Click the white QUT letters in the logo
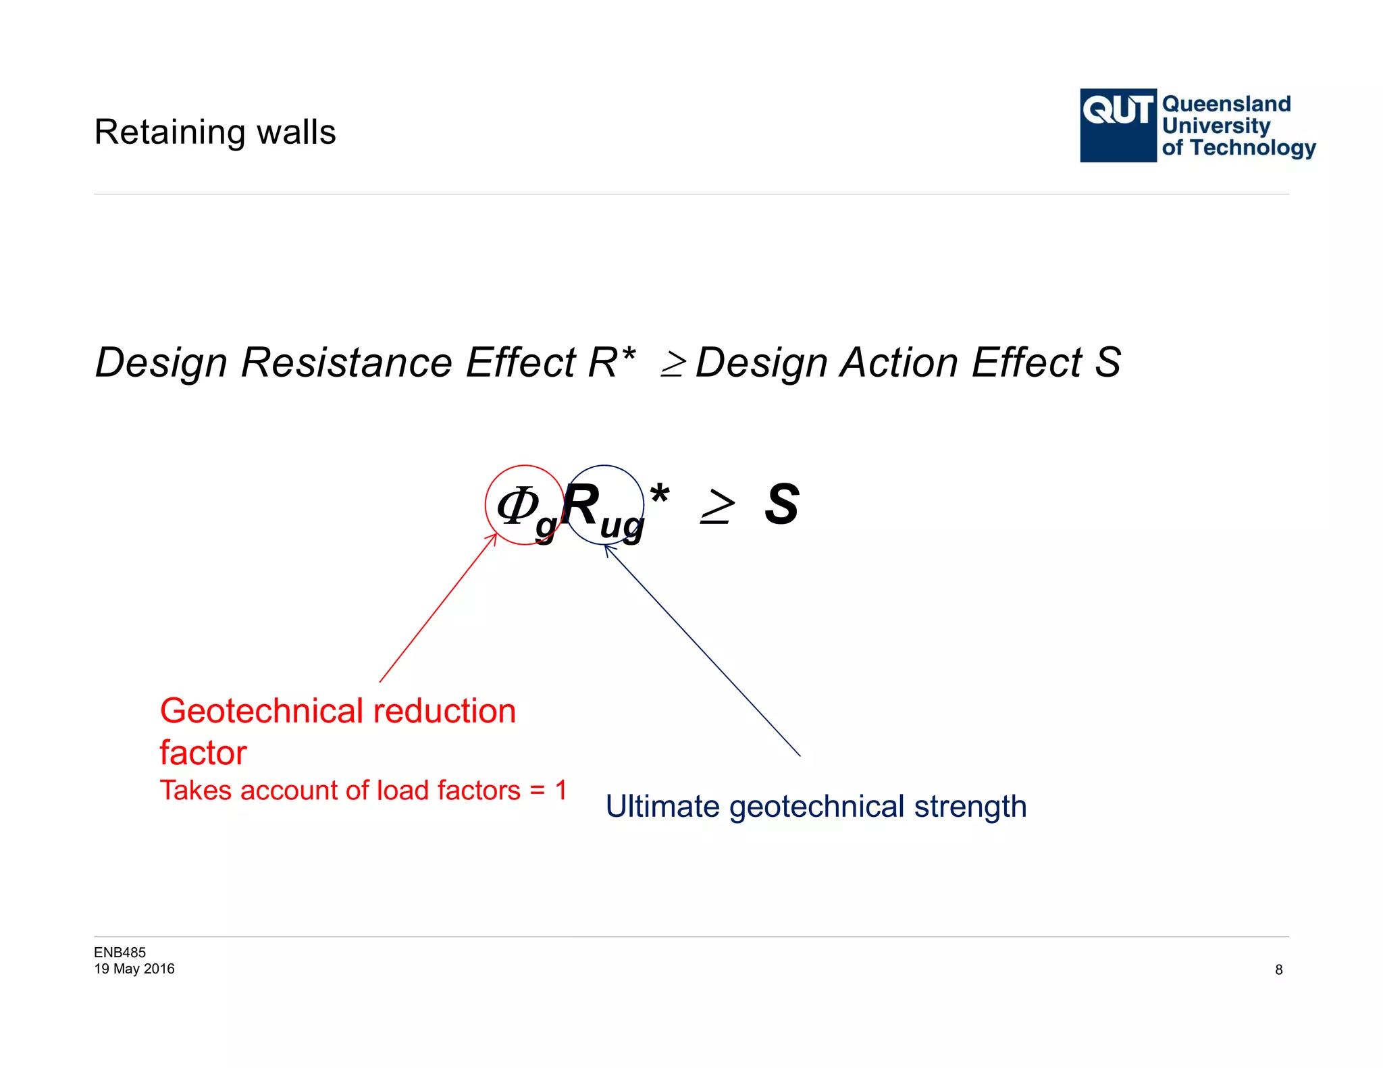click(x=1118, y=110)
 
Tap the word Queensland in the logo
click(x=1226, y=104)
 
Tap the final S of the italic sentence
click(x=1107, y=363)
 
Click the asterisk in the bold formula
click(x=659, y=496)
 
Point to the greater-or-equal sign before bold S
click(x=716, y=508)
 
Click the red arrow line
click(x=438, y=608)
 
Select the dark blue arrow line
click(x=702, y=651)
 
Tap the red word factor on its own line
click(x=203, y=753)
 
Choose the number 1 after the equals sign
click(x=560, y=790)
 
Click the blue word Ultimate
click(x=662, y=807)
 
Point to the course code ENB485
click(x=120, y=953)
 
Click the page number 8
click(x=1278, y=970)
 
